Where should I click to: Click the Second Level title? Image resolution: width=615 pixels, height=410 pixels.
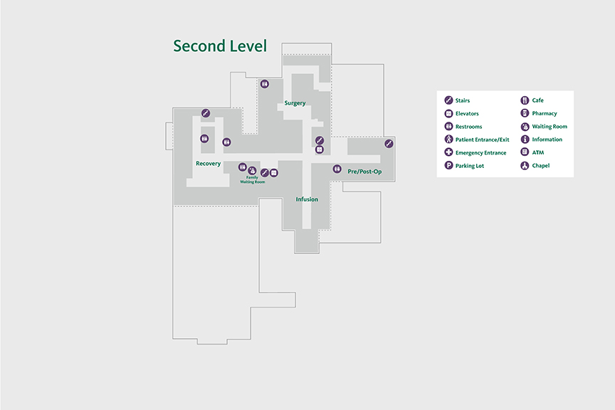(220, 46)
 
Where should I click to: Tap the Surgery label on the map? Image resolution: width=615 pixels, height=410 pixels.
(295, 103)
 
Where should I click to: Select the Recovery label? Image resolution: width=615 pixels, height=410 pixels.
(208, 164)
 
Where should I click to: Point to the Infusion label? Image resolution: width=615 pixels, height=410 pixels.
(307, 199)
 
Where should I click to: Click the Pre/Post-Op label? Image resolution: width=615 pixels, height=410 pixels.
(364, 172)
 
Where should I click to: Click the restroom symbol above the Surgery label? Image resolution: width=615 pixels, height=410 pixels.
(265, 84)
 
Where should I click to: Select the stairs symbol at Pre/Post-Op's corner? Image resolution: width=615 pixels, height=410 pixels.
(389, 144)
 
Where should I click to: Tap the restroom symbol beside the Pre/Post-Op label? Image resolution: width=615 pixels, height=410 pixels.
(337, 169)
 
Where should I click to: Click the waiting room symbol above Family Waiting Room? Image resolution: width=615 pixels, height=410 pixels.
(252, 169)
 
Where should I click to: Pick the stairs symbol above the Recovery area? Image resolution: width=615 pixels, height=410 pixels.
(205, 113)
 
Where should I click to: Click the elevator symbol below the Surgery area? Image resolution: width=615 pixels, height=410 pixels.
(320, 149)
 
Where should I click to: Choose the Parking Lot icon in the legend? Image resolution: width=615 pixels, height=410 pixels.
(448, 166)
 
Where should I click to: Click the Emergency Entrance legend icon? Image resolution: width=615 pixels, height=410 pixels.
(448, 153)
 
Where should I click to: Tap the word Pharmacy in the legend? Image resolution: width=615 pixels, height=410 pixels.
(545, 114)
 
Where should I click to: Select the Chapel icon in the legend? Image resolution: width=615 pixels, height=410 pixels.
(525, 166)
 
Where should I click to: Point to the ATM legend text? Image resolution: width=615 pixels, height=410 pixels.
(538, 153)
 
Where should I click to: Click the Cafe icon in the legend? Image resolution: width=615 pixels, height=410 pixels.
(525, 100)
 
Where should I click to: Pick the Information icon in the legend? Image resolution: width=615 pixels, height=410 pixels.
(525, 140)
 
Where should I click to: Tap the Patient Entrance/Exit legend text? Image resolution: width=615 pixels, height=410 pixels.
(482, 140)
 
